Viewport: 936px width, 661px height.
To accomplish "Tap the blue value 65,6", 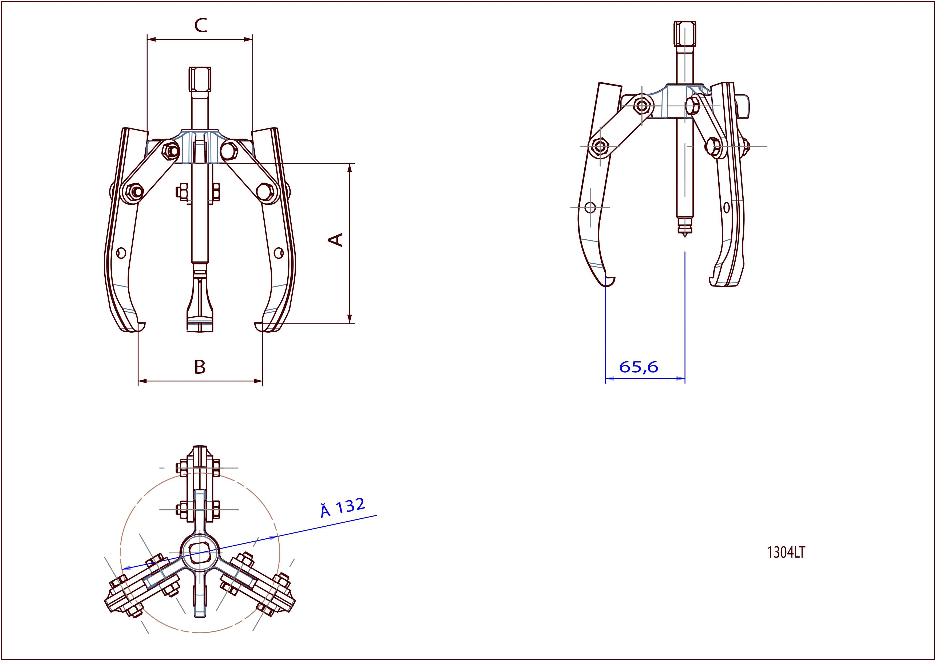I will tap(638, 367).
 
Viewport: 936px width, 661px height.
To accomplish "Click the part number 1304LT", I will tap(786, 553).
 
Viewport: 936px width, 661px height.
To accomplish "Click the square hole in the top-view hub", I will tap(200, 553).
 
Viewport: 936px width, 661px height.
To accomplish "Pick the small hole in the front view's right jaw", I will tap(279, 253).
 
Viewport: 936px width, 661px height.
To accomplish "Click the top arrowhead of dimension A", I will tap(349, 168).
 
